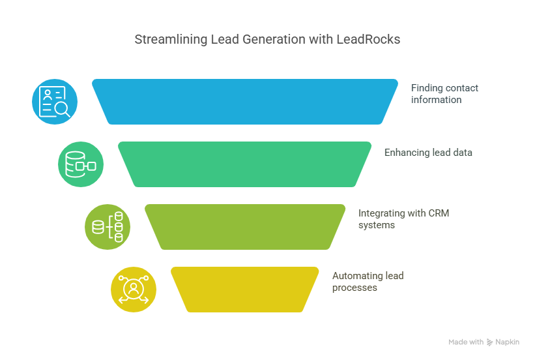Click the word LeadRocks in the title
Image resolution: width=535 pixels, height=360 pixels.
point(368,39)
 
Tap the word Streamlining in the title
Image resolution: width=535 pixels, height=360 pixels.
point(171,40)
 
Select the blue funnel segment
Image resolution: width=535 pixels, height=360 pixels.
point(245,102)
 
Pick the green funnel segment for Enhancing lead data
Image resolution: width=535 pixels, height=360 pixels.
point(244,164)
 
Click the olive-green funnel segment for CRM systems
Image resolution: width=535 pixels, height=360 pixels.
point(245,227)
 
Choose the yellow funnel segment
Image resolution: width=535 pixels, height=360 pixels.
point(244,290)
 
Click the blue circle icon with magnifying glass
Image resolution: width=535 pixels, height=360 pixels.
point(55,102)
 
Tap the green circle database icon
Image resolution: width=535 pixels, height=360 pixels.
point(81,164)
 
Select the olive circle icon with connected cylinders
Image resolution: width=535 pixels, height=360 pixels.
point(108,227)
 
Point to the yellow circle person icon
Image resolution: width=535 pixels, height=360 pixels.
point(134,290)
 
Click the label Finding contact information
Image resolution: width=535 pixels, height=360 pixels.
point(444,94)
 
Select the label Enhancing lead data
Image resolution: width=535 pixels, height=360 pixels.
point(428,153)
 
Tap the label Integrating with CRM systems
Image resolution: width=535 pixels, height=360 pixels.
point(403,219)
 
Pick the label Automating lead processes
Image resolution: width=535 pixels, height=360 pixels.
point(368,282)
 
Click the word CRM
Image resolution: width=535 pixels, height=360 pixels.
point(439,213)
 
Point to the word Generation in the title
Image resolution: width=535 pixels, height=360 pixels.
point(274,39)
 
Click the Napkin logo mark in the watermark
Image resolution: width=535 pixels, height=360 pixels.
point(489,342)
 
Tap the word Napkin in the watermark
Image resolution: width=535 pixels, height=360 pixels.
point(508,342)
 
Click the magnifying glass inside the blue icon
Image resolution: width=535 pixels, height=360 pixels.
point(63,110)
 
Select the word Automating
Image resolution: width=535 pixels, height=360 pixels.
point(357,276)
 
